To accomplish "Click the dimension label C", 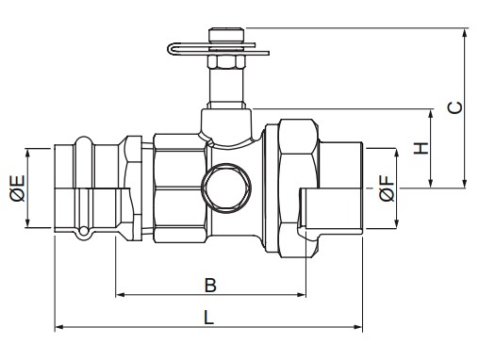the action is point(454,107).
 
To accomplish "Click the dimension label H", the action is point(421,148).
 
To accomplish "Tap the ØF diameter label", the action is point(387,188).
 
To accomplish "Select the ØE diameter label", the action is point(17,188).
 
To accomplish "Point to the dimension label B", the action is point(210,286).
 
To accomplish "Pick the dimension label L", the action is point(209,318).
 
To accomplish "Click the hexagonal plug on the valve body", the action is point(226,188).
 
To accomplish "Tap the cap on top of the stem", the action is point(226,35).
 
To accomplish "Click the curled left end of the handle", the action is point(171,49).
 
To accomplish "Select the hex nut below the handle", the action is point(226,61).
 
